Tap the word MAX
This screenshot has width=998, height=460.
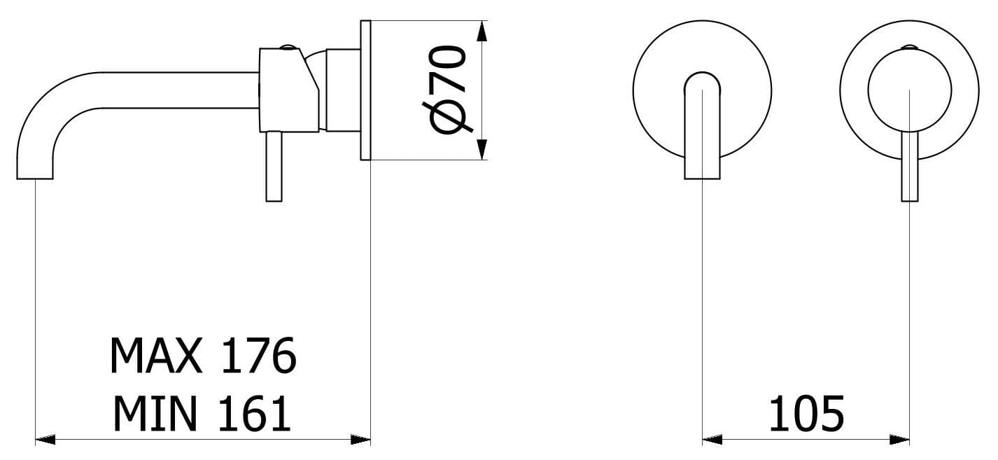[x=155, y=356]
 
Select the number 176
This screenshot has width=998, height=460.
[x=259, y=356]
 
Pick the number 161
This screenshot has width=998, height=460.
[x=255, y=414]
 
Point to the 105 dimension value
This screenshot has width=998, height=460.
[x=807, y=414]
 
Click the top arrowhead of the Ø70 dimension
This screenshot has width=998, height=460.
[x=482, y=32]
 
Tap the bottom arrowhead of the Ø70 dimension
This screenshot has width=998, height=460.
[x=482, y=149]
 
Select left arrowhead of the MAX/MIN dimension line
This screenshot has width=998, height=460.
[x=45, y=440]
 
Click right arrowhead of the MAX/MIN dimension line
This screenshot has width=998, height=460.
[x=360, y=440]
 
